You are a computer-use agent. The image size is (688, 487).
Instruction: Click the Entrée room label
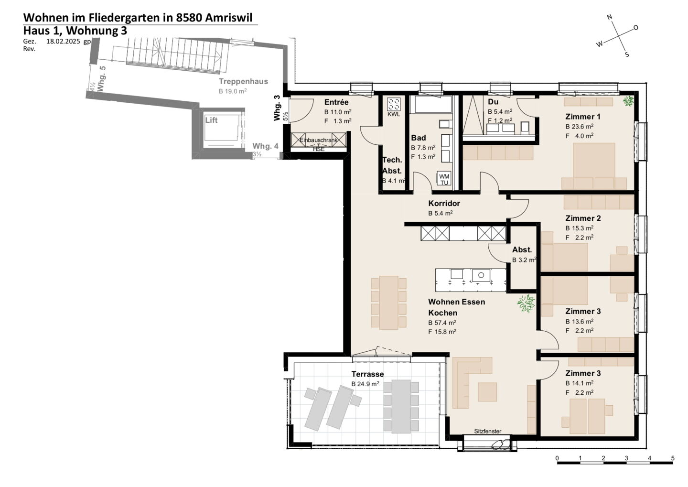336,102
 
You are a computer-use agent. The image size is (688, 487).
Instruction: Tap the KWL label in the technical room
394,114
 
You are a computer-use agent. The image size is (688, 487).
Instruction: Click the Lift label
211,120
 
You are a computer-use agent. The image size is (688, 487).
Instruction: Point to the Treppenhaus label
243,81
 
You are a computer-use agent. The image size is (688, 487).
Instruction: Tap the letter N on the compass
610,17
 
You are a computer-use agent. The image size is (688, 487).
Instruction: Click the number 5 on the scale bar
673,458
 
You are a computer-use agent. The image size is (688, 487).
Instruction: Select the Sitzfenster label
487,431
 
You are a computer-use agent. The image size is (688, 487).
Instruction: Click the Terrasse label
367,374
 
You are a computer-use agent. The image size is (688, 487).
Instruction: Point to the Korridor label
444,203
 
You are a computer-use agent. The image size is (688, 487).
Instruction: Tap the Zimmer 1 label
583,117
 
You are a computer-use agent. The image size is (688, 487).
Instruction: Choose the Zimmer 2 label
583,218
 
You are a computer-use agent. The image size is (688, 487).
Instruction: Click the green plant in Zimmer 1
628,101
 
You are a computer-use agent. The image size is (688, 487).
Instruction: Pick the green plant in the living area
526,303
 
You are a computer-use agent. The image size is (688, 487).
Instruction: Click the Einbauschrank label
319,140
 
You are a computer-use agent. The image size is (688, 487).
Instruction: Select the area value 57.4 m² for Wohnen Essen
442,323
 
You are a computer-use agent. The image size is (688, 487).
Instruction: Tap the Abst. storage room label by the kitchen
522,250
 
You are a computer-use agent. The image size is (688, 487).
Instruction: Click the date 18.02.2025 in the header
63,42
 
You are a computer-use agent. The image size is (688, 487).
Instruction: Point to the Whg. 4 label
265,146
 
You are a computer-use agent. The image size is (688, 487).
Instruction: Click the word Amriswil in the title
228,18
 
